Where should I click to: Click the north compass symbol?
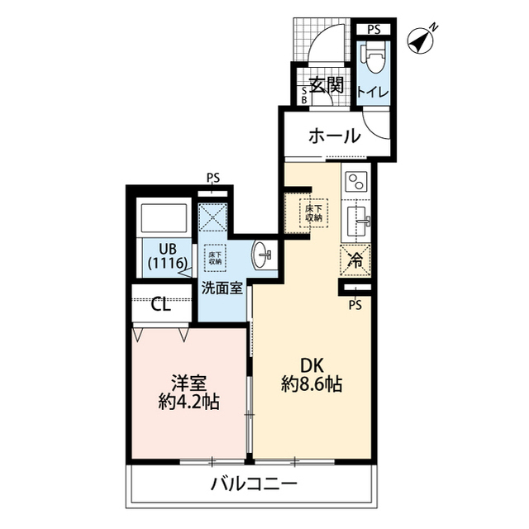tap(424, 39)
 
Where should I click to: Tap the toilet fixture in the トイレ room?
tap(373, 59)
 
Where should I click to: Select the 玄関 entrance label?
tap(326, 85)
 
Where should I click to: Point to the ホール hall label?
tap(334, 136)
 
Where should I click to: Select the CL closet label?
tap(160, 304)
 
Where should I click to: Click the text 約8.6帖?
tap(310, 384)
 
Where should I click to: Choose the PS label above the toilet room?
tap(374, 29)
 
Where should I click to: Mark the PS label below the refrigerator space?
tap(355, 305)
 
